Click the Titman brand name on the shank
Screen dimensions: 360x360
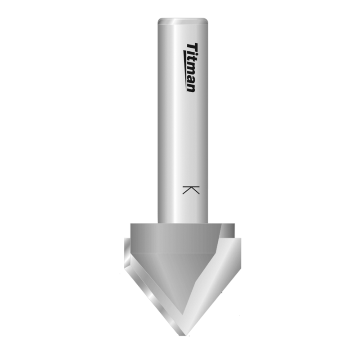pos(191,67)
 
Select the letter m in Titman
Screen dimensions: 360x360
pos(191,69)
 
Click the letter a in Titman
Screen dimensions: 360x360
pos(191,79)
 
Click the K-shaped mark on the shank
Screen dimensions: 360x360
pos(191,189)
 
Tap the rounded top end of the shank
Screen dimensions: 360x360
pos(182,21)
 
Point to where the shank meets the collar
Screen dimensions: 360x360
pos(182,223)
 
